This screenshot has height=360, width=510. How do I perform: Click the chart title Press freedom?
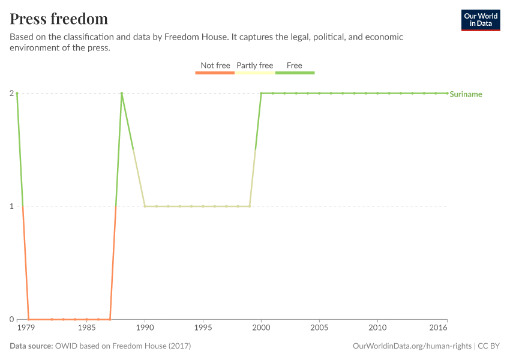coord(59,19)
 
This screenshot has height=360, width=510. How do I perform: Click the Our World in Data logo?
coord(480,20)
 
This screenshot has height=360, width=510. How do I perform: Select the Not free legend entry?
coord(215,66)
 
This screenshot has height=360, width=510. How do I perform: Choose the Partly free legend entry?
coord(254,66)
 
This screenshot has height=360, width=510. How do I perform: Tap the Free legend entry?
coord(295,66)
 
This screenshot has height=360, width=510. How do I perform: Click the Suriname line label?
coord(466,94)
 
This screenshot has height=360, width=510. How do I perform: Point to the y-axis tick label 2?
coord(11,93)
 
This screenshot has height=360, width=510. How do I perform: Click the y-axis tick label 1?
coord(11,206)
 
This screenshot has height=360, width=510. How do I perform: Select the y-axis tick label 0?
coord(11,319)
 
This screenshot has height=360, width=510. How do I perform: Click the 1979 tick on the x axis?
coord(25,329)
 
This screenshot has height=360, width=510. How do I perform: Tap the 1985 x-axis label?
coord(86,329)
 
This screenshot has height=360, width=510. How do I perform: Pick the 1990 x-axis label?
coord(145,329)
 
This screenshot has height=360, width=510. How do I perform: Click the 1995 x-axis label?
coord(203,329)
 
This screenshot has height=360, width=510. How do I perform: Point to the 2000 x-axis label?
coord(261,329)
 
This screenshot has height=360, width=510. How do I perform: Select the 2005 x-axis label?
coord(319,329)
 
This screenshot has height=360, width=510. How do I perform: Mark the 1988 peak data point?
coord(121,93)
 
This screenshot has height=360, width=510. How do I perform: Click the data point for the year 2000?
coord(261,93)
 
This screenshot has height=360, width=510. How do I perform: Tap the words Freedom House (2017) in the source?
coord(153,346)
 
